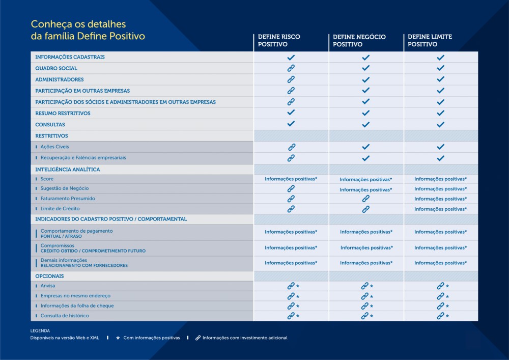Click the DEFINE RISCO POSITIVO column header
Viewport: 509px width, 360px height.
coord(279,41)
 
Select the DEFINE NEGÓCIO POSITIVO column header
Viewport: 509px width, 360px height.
coord(359,41)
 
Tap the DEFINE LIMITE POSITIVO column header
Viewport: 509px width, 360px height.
coord(430,41)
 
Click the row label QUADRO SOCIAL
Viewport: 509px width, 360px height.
coord(56,68)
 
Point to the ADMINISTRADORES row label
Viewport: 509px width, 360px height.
coord(60,79)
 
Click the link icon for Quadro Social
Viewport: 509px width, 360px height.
coord(291,68)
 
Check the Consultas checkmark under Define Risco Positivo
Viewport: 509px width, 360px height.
coord(291,124)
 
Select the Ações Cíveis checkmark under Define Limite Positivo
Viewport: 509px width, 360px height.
coord(440,147)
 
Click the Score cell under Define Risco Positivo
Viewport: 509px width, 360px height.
coord(291,179)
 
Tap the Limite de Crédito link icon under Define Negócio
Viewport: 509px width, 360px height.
coord(366,209)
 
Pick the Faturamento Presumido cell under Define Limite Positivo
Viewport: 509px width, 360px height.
coord(440,199)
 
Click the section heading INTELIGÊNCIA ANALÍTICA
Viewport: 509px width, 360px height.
coord(68,170)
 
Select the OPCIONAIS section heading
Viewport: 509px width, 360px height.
coord(49,276)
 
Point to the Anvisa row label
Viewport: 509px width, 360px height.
coord(48,286)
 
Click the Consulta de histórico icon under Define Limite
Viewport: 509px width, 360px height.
coord(440,316)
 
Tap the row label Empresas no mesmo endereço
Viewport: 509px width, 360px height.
coord(75,296)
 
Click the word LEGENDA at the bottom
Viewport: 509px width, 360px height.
coord(40,331)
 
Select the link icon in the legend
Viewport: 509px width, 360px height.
coord(198,338)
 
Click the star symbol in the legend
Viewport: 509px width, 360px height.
coord(118,338)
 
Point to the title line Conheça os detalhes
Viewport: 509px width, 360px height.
coord(78,24)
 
